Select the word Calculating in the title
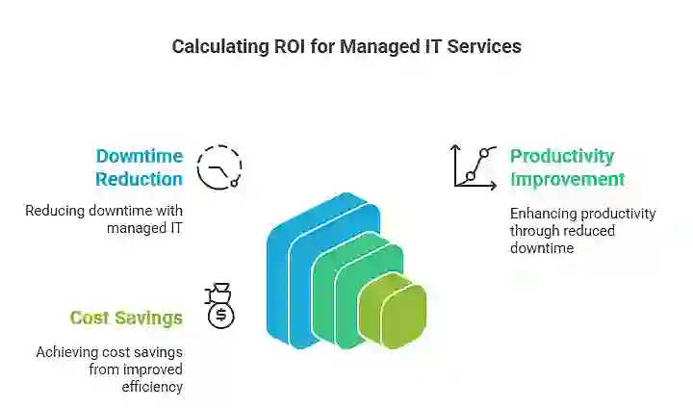pos(216,46)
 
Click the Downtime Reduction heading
pos(139,167)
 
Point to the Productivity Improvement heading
pos(566,167)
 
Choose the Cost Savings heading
pos(126,318)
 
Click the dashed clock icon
pos(218,167)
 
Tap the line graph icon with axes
pos(474,166)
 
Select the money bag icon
pos(219,307)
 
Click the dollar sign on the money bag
pos(219,314)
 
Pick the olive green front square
pos(392,314)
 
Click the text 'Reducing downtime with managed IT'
pos(104,219)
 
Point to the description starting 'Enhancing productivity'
pos(581,230)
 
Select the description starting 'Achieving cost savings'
pos(110,370)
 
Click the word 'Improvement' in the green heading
pos(567,179)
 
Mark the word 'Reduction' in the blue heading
pos(139,179)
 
